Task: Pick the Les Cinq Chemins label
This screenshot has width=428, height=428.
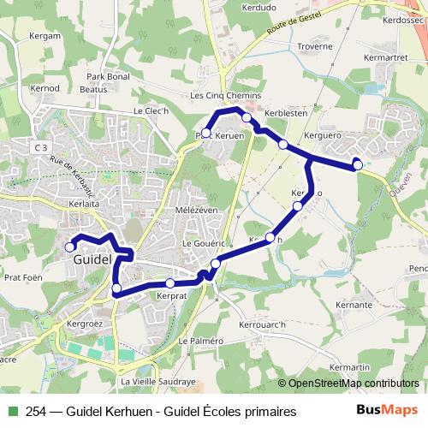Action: [225, 96]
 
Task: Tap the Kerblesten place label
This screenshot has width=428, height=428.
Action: [285, 113]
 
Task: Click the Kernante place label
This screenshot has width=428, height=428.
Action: [354, 305]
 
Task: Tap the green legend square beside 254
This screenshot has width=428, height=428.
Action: [12, 412]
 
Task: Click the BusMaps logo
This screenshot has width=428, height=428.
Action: [386, 410]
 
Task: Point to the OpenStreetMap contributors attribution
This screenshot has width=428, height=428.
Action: [348, 383]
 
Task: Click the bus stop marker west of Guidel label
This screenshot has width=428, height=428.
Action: [70, 247]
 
